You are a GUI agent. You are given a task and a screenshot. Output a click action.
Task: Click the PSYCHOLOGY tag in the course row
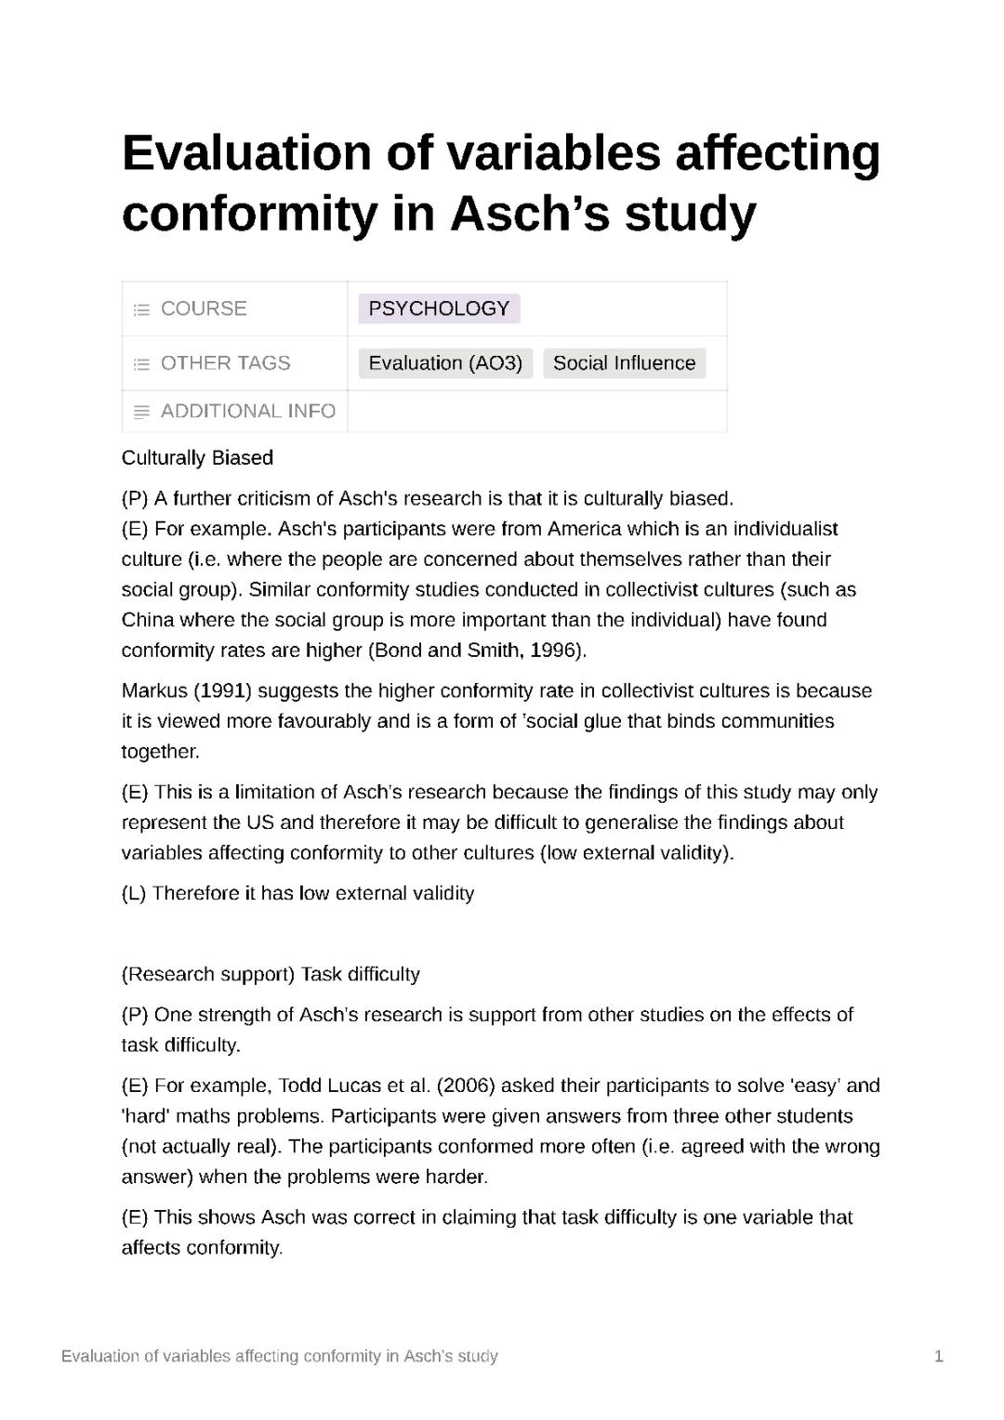439,309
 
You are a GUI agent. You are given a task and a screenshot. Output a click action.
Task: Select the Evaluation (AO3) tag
445,363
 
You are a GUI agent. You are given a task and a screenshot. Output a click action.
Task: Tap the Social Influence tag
624,363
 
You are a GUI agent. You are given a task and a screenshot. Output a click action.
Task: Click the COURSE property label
204,309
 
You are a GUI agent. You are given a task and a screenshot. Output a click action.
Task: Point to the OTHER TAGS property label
225,363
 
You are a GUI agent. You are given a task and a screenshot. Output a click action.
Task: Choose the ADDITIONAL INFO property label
247,412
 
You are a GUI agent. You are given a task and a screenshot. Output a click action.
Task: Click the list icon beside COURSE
141,309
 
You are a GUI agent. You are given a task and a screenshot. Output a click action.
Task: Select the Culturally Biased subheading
197,458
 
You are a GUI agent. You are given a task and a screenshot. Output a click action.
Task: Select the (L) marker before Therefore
134,894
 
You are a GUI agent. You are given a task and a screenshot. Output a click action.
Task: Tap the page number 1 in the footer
938,1357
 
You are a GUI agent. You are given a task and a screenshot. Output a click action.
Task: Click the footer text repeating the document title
279,1357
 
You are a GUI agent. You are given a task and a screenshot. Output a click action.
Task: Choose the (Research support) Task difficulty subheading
271,975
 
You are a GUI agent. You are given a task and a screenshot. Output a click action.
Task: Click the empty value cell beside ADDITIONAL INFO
536,412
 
